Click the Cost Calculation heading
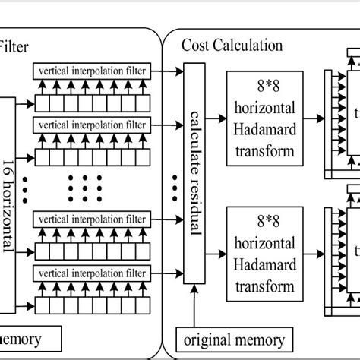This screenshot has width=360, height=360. coord(232,45)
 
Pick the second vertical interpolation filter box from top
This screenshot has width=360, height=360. coord(93,121)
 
